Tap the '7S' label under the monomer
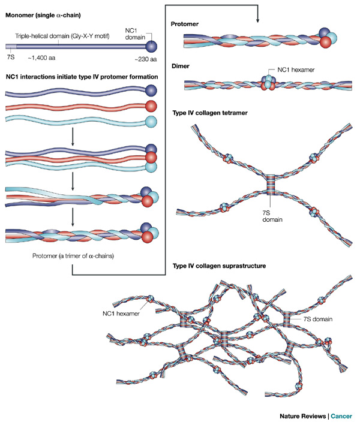pos(11,57)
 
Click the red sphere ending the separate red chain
pos(151,106)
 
